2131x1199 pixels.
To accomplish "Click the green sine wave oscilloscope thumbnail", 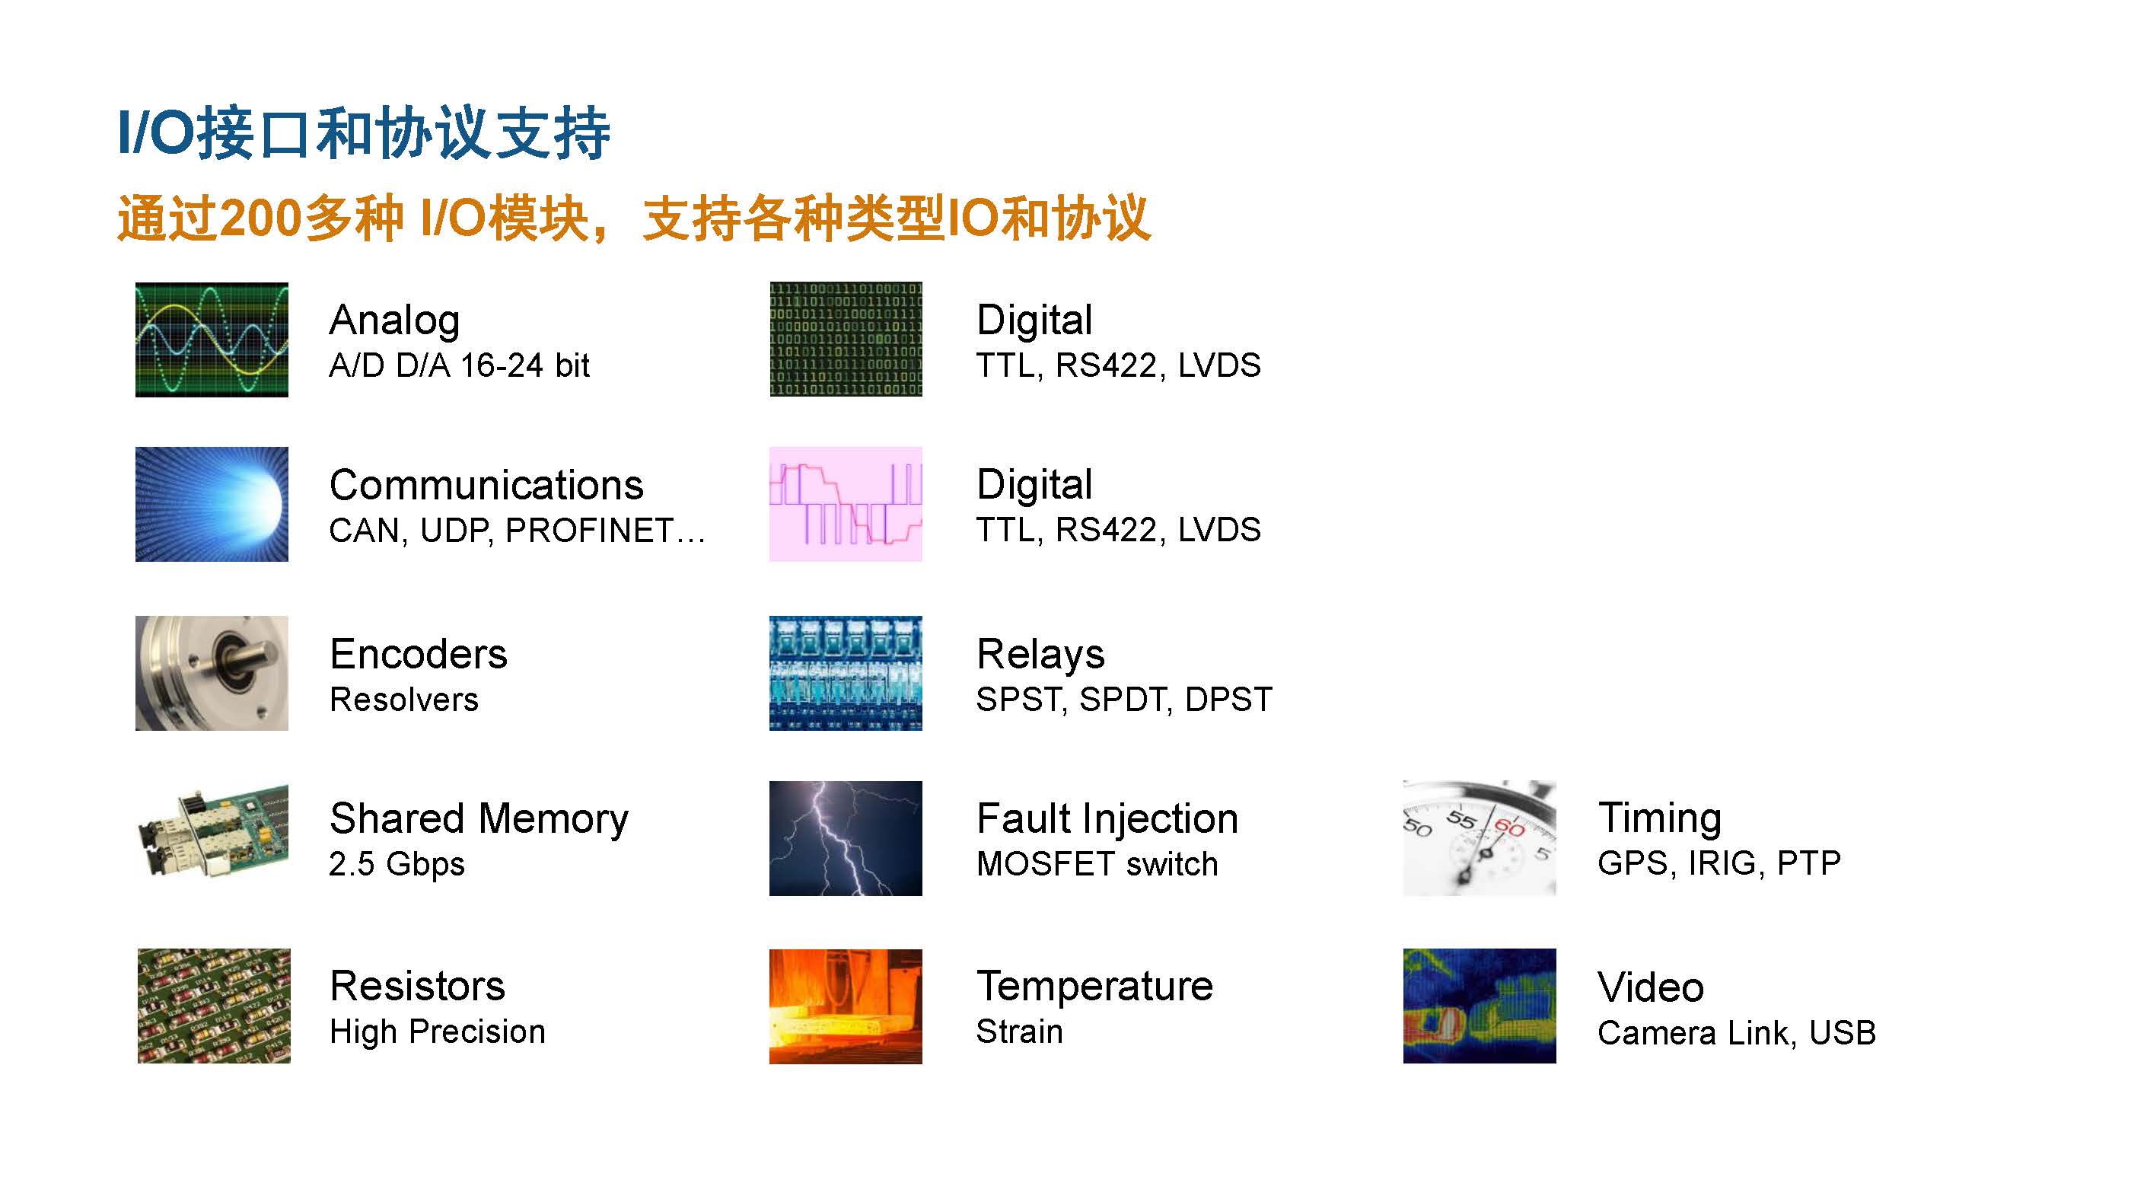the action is (x=212, y=340).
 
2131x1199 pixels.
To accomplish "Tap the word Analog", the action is (x=394, y=321).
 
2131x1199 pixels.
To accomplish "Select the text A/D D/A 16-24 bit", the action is (x=459, y=365).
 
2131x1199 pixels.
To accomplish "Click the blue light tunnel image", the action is (x=212, y=504).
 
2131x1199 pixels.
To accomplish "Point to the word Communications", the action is (x=486, y=485).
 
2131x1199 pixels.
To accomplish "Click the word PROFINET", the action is (x=589, y=531).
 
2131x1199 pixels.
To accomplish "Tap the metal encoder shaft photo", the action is (x=212, y=673).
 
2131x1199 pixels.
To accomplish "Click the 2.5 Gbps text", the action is (x=397, y=865).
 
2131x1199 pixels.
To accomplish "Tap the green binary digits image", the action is (x=846, y=340).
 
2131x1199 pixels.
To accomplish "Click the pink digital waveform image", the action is (x=846, y=504).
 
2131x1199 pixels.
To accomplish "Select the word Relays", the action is (x=1040, y=655).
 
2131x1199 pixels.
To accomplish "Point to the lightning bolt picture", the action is (x=846, y=838).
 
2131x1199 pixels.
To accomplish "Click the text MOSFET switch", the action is (x=1097, y=865).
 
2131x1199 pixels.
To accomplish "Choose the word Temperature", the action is (x=1094, y=987).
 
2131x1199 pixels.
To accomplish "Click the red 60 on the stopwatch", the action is (x=1509, y=828).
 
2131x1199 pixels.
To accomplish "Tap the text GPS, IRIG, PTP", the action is (x=1719, y=864).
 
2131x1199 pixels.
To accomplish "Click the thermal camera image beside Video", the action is (x=1479, y=1006).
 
